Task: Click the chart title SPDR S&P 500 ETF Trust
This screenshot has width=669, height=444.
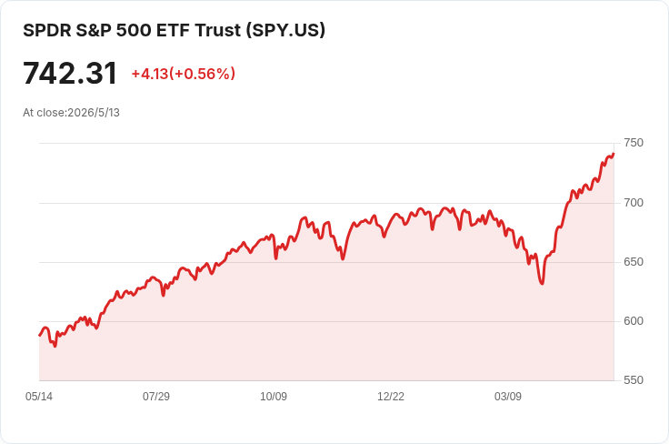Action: (x=132, y=30)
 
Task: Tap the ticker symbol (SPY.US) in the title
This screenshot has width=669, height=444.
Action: (x=285, y=30)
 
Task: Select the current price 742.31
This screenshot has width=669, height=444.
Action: (x=70, y=73)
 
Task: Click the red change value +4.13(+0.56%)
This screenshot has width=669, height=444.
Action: (x=184, y=74)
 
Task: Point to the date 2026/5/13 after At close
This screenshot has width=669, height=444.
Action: (x=94, y=113)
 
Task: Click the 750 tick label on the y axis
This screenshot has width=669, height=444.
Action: (x=634, y=143)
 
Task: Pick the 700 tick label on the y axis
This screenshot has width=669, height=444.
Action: (x=634, y=202)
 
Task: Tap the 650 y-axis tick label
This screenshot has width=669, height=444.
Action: (x=634, y=262)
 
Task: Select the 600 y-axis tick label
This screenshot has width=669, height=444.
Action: (x=634, y=320)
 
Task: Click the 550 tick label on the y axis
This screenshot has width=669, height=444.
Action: (x=634, y=380)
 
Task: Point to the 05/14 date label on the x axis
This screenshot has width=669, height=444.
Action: (x=39, y=397)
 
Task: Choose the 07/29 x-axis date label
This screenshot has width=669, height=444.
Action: (x=156, y=397)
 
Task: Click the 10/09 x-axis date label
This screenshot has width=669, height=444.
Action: (x=274, y=397)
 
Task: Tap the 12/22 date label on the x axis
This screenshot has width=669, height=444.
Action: (x=390, y=397)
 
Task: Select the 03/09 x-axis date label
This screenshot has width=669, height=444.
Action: (x=508, y=397)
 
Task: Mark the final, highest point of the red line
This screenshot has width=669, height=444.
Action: (x=614, y=154)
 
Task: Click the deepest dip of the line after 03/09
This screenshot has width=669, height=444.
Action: (x=543, y=284)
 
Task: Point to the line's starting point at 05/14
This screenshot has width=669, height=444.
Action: (x=40, y=336)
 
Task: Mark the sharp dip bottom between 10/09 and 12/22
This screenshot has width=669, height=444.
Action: (x=343, y=258)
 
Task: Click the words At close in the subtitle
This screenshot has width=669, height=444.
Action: (x=44, y=113)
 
